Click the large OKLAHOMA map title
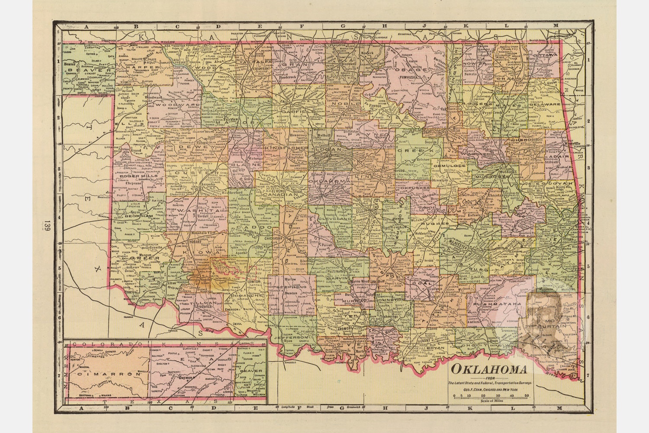(489, 370)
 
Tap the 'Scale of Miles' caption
(490, 401)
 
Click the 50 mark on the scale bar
(527, 396)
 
